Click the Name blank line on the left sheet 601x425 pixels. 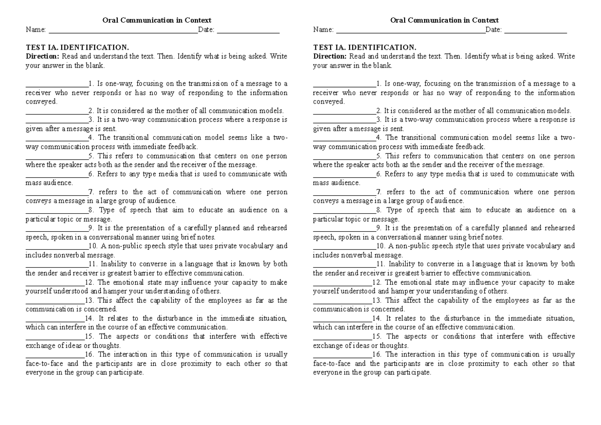coord(122,32)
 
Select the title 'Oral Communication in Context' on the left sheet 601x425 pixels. coord(157,21)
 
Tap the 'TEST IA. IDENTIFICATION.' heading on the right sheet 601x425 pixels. coord(365,48)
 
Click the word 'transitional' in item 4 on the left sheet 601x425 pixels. coord(136,138)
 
